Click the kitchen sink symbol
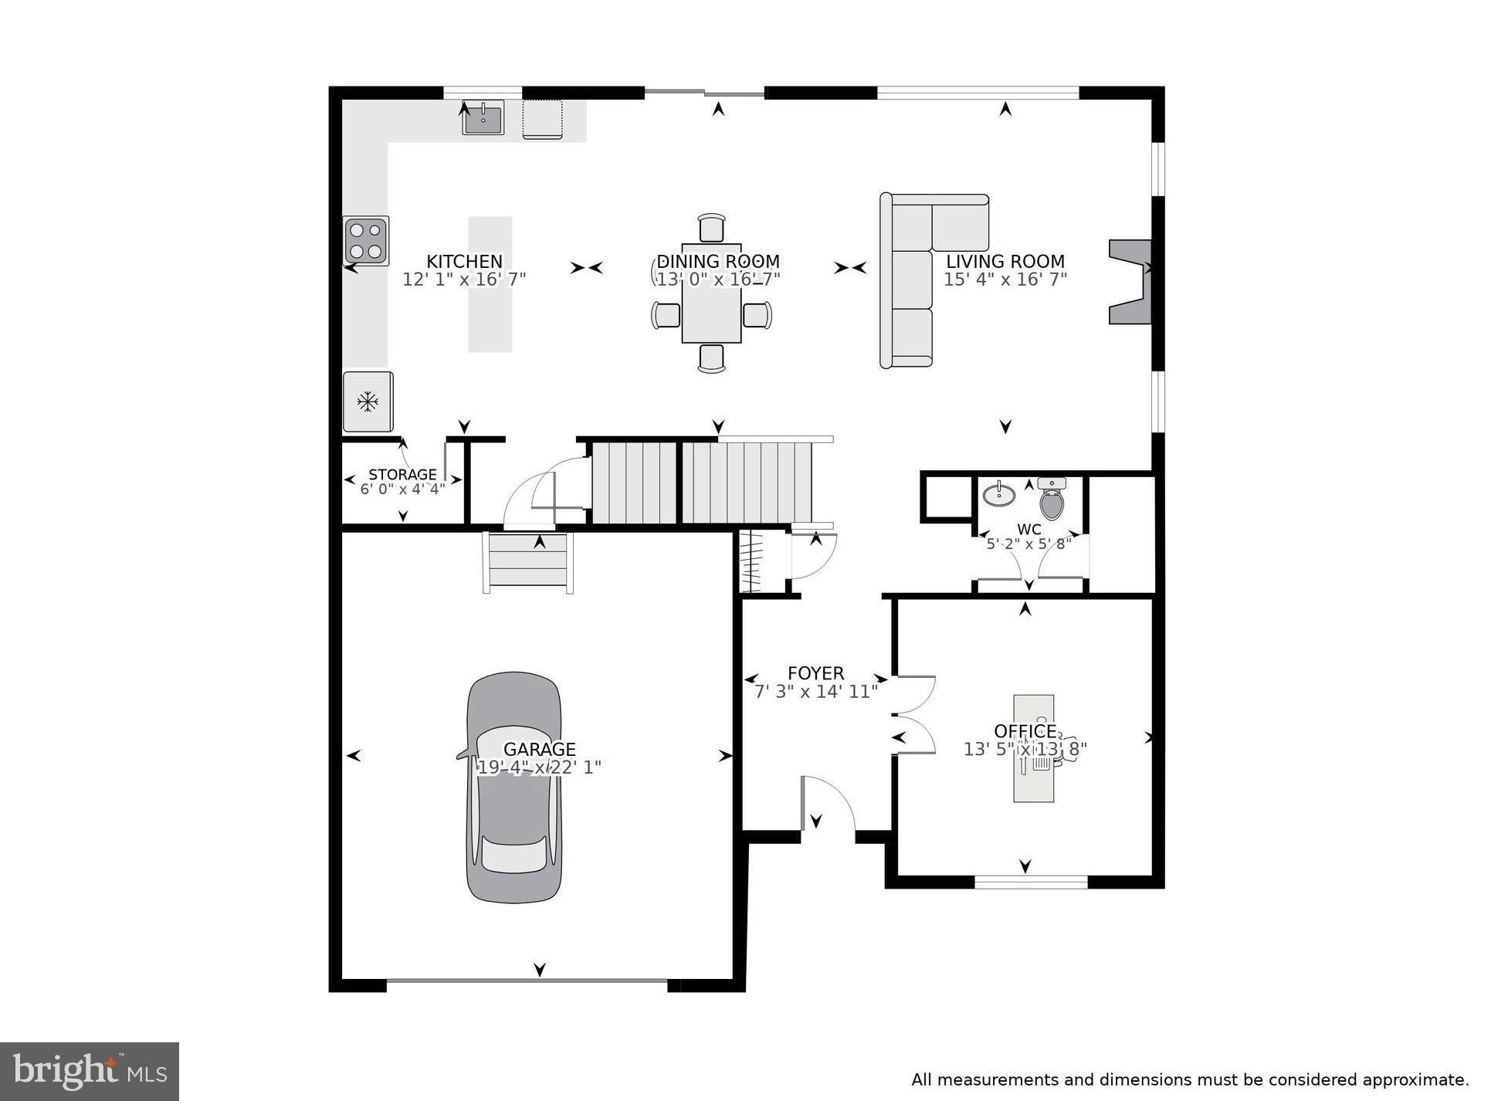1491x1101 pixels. (x=483, y=118)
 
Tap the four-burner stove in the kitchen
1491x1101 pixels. (x=366, y=241)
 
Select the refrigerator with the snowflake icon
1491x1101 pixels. (x=368, y=401)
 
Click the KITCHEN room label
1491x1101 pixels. (x=464, y=261)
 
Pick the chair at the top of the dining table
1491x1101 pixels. (x=711, y=229)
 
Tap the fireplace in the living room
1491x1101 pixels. (x=1130, y=281)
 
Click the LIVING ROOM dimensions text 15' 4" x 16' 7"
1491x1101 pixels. (x=1005, y=279)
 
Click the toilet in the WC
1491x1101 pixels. (x=1051, y=500)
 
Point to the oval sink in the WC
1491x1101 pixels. (x=998, y=495)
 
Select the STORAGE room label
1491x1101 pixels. (x=402, y=474)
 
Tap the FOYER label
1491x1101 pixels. (x=815, y=672)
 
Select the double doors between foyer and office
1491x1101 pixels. (x=913, y=714)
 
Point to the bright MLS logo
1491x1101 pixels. (x=90, y=1071)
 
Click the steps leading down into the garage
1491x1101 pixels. (x=528, y=562)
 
